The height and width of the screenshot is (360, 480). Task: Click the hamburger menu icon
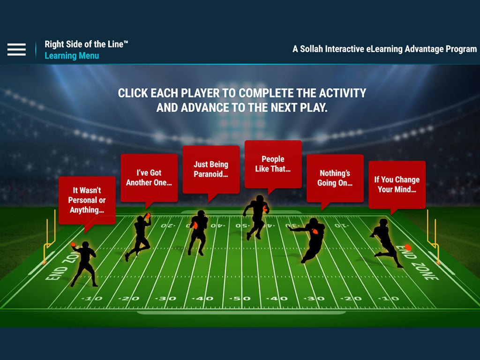click(x=16, y=49)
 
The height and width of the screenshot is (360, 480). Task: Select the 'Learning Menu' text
click(x=72, y=56)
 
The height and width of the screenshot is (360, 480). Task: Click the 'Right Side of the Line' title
click(x=86, y=44)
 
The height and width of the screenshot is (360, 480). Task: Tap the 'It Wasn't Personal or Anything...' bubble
click(x=87, y=200)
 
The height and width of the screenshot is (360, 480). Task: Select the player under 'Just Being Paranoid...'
click(x=198, y=232)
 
